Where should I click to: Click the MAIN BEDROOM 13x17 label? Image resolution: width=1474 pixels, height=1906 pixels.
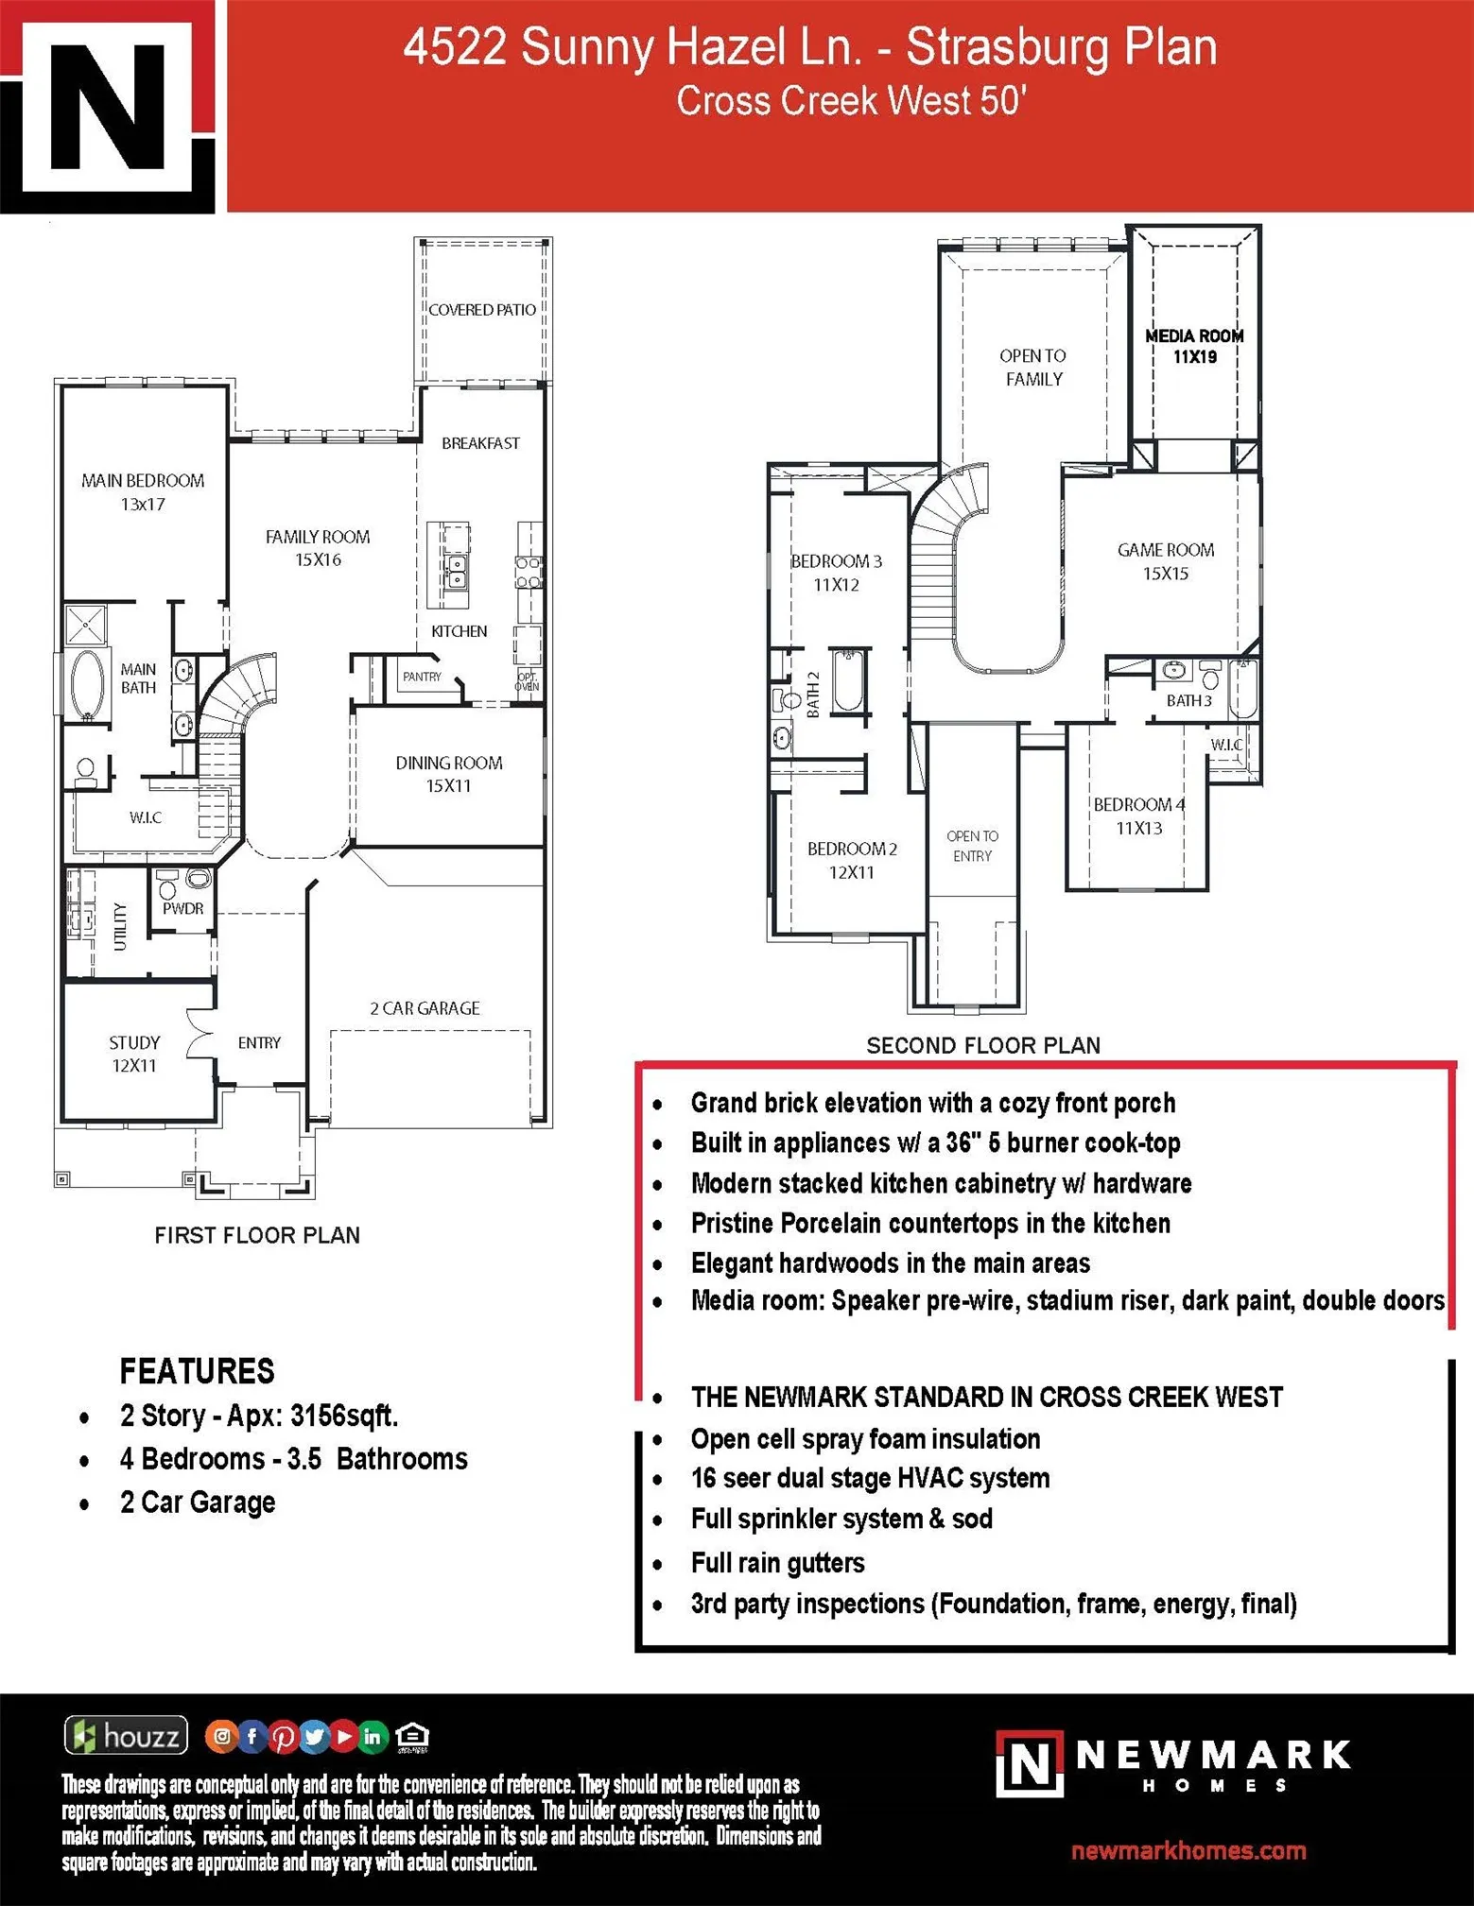click(143, 492)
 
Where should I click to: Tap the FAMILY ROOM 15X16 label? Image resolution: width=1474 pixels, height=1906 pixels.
click(318, 548)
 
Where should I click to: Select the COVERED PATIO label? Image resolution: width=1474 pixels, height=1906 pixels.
click(482, 310)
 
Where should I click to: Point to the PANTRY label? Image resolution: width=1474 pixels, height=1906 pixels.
click(422, 677)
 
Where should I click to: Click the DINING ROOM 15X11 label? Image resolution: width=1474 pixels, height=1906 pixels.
click(449, 774)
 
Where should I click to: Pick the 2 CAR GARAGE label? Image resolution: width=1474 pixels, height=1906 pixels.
click(425, 1008)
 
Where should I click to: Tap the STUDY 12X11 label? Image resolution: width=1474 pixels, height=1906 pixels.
click(134, 1054)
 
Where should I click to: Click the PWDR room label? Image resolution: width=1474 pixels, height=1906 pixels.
click(182, 908)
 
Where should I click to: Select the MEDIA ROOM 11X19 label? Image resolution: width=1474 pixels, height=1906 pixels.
click(1194, 347)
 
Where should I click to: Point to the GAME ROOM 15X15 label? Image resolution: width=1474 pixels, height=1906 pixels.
click(1166, 561)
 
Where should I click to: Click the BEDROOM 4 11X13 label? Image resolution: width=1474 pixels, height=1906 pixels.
click(1139, 816)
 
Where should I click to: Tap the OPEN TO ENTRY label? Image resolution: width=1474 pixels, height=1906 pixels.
click(972, 846)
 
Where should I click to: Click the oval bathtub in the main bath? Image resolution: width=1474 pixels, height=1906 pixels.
click(88, 682)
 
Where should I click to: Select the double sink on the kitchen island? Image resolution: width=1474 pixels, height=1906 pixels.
click(456, 570)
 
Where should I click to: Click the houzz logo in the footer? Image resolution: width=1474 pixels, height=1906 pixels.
click(126, 1736)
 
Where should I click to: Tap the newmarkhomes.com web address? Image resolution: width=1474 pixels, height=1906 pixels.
click(1188, 1850)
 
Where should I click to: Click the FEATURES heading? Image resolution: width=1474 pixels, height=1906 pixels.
click(197, 1371)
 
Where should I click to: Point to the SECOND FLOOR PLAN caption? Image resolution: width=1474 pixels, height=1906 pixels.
click(983, 1045)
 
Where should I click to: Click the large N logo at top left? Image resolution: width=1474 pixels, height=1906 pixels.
click(109, 106)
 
